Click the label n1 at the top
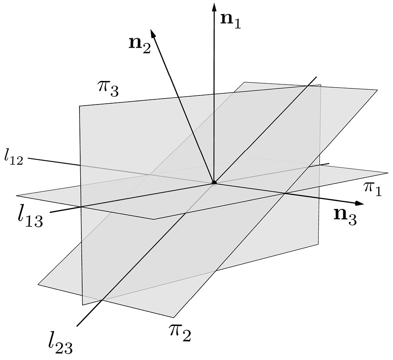(230, 22)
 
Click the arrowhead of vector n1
(214, 7)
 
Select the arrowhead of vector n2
(153, 33)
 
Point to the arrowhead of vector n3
(360, 203)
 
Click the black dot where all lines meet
(214, 183)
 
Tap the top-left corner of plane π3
(79, 106)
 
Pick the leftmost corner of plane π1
(16, 195)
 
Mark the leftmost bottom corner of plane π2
(38, 284)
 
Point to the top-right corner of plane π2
(377, 90)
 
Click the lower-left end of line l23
(77, 326)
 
